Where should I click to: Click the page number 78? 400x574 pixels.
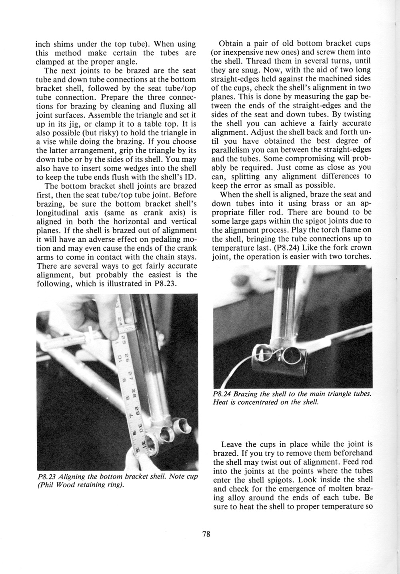206,534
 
